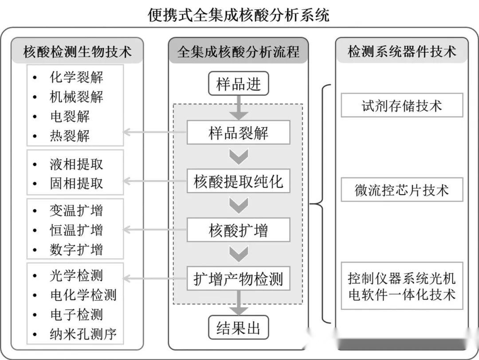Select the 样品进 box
(x=239, y=84)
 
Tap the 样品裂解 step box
(x=239, y=133)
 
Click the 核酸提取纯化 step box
(x=239, y=181)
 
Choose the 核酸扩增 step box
(x=239, y=230)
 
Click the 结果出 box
(x=239, y=328)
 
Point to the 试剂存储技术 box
(x=402, y=106)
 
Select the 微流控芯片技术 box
(x=402, y=190)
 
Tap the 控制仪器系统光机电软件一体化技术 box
(x=402, y=286)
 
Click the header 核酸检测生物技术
(x=78, y=52)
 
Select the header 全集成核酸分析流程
(x=239, y=52)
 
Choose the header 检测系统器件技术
(x=402, y=52)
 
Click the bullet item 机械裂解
(x=76, y=97)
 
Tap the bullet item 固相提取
(x=76, y=184)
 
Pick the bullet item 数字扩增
(x=76, y=249)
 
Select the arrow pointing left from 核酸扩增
(x=155, y=230)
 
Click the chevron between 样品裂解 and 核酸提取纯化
(x=239, y=157)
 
